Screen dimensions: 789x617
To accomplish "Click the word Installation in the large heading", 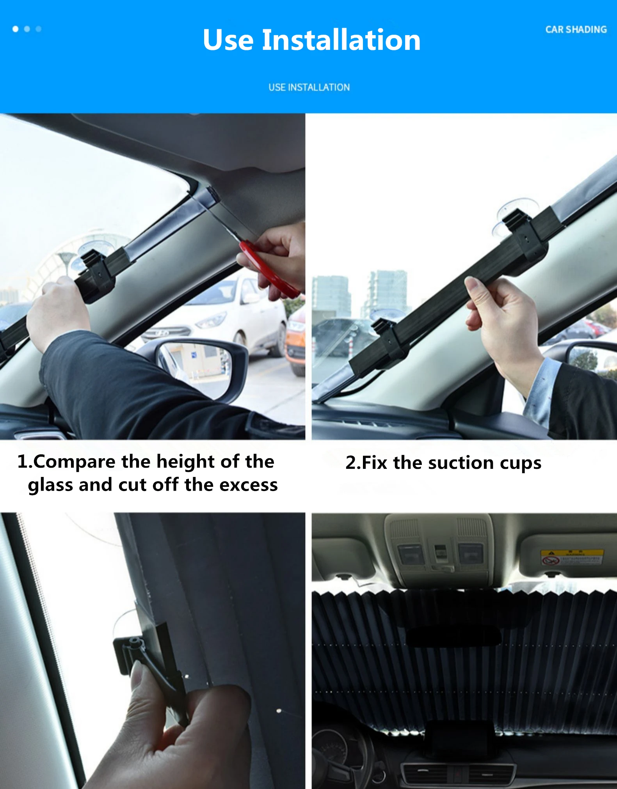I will (341, 40).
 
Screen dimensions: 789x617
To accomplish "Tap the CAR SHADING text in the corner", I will (576, 30).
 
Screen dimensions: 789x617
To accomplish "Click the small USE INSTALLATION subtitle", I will (309, 87).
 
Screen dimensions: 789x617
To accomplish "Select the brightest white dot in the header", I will (16, 29).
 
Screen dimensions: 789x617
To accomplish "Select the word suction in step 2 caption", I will (461, 463).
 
